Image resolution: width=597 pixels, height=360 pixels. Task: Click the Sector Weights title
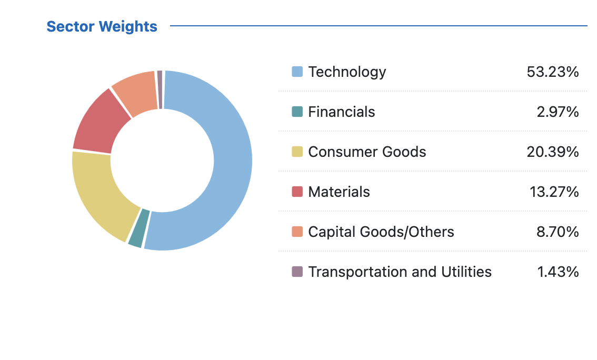102,26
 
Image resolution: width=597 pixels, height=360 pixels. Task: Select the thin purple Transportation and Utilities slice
160,89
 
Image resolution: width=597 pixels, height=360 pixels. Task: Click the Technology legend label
347,72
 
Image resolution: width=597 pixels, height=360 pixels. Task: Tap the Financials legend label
342,112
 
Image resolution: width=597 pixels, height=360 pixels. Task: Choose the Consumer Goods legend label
367,152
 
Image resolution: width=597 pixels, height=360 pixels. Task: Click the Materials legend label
339,192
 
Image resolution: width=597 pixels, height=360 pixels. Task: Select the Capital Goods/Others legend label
381,232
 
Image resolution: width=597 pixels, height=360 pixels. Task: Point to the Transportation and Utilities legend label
400,272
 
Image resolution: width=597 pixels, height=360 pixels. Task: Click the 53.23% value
552,72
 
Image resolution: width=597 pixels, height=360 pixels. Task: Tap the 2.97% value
558,112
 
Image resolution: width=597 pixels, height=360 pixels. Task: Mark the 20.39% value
552,152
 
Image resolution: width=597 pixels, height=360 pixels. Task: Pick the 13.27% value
554,192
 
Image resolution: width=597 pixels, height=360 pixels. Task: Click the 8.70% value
558,232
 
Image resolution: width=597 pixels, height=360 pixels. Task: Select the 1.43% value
558,272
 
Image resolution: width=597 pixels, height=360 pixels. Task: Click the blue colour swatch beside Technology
297,72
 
